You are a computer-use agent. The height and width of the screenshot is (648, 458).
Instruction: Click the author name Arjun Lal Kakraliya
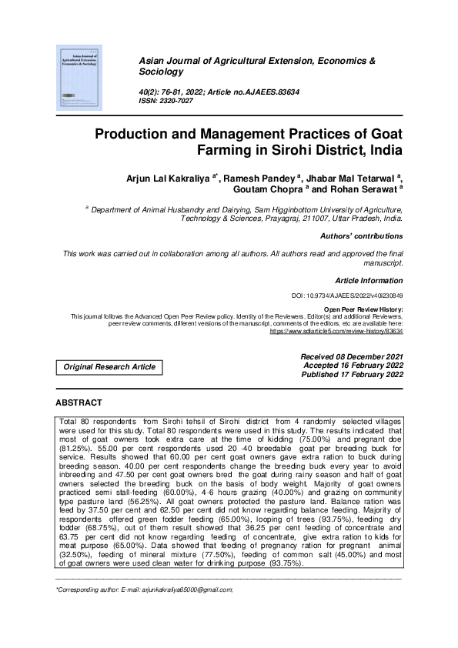168,179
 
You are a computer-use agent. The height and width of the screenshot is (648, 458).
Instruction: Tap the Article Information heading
369,281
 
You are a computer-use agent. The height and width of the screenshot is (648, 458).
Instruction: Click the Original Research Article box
109,367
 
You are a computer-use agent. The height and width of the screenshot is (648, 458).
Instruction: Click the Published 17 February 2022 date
353,375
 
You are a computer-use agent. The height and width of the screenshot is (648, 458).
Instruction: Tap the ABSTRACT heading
79,403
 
